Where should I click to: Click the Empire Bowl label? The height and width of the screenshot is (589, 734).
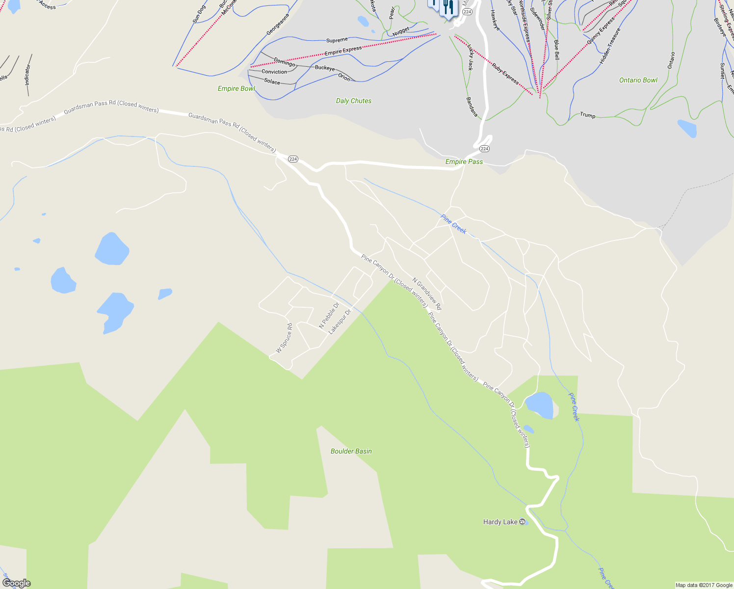tap(236, 89)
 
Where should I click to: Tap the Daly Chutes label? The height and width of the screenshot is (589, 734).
tap(353, 101)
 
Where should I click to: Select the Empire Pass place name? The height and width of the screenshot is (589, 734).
tap(464, 161)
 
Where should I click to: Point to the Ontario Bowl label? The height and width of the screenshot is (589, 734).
tap(638, 80)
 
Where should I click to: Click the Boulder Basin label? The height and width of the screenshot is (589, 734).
tap(351, 451)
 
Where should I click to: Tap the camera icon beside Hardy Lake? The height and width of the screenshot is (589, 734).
tap(523, 522)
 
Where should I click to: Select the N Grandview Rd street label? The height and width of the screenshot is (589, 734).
tap(427, 294)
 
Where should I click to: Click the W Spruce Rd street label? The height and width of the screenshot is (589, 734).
tap(284, 338)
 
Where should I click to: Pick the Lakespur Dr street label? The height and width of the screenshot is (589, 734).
tap(340, 322)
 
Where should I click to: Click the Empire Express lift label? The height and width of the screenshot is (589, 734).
tap(343, 50)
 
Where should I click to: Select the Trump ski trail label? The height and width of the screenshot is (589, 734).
tap(587, 115)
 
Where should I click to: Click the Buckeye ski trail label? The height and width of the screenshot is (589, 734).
tap(324, 68)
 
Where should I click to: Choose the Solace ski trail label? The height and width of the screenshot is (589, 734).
tap(272, 81)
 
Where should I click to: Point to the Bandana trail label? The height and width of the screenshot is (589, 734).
tap(472, 107)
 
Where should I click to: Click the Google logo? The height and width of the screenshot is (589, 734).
tap(16, 583)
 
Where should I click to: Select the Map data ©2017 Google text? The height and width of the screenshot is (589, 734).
tap(704, 585)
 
